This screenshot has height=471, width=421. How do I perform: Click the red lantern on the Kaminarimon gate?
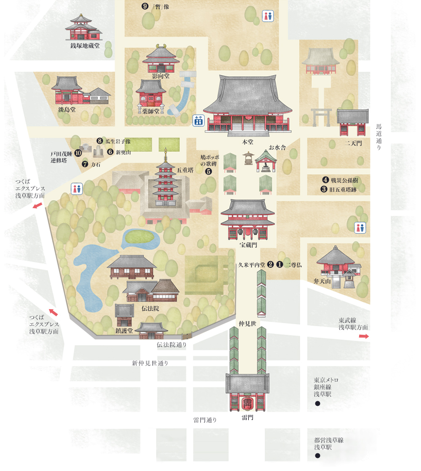[247, 404]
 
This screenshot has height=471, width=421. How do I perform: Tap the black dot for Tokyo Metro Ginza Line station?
[317, 404]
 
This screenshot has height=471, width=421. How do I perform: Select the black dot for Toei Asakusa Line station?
[317, 455]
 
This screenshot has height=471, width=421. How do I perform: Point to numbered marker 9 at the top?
[145, 6]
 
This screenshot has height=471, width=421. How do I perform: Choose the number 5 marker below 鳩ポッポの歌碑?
[208, 171]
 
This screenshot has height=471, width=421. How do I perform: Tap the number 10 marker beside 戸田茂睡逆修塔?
[78, 153]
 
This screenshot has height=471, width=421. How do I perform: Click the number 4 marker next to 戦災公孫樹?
[325, 180]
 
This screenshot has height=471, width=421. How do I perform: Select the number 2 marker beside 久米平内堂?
[270, 265]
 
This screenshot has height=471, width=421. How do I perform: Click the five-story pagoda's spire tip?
[165, 150]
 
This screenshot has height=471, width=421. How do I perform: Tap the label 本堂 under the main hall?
[248, 142]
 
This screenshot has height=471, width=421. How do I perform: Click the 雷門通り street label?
[205, 420]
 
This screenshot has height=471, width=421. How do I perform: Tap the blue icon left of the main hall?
[198, 120]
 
